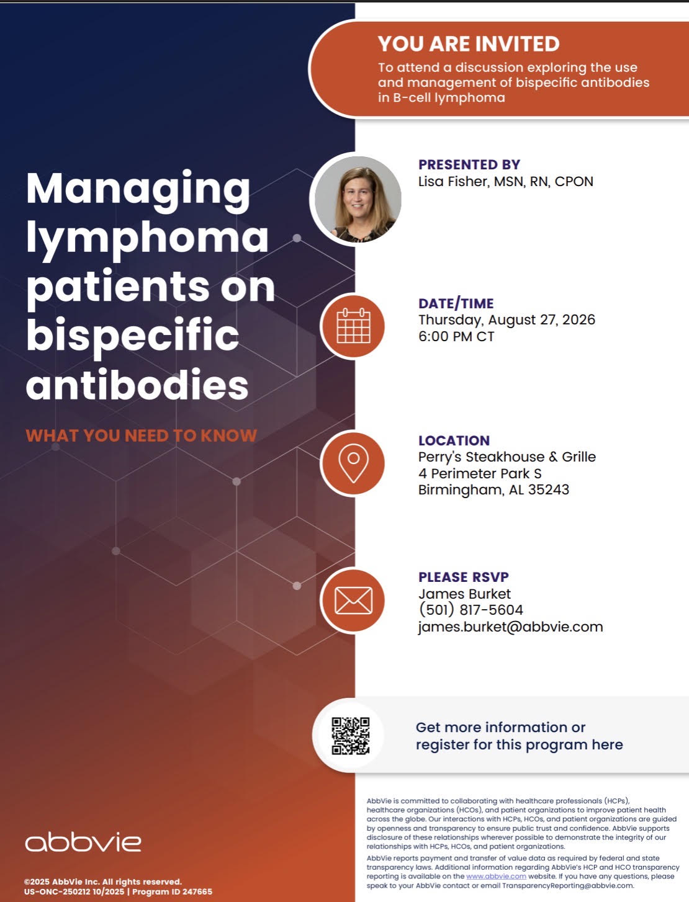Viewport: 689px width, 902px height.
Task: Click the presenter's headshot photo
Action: [357, 199]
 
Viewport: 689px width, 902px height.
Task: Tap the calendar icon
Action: [353, 326]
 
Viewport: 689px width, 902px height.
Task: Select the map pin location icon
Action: [353, 463]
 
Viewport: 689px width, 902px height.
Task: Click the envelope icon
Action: [353, 601]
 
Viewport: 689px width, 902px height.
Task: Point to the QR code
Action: [351, 736]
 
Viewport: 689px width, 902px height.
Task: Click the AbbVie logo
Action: [83, 842]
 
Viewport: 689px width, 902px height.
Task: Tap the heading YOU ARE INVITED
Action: [469, 44]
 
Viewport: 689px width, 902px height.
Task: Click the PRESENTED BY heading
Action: [469, 164]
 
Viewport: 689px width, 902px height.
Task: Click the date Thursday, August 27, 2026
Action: [507, 319]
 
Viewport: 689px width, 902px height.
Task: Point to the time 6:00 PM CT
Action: [456, 337]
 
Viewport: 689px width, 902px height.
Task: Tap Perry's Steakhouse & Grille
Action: [507, 457]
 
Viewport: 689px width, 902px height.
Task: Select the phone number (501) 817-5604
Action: [471, 610]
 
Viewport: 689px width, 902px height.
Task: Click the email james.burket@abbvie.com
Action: [511, 627]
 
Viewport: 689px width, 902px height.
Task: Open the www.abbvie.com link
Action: [496, 876]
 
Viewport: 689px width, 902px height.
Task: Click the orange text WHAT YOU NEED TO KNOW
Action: [142, 435]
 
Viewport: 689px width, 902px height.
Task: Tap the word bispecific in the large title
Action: [132, 337]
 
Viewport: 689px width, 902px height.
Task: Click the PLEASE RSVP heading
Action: [463, 577]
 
